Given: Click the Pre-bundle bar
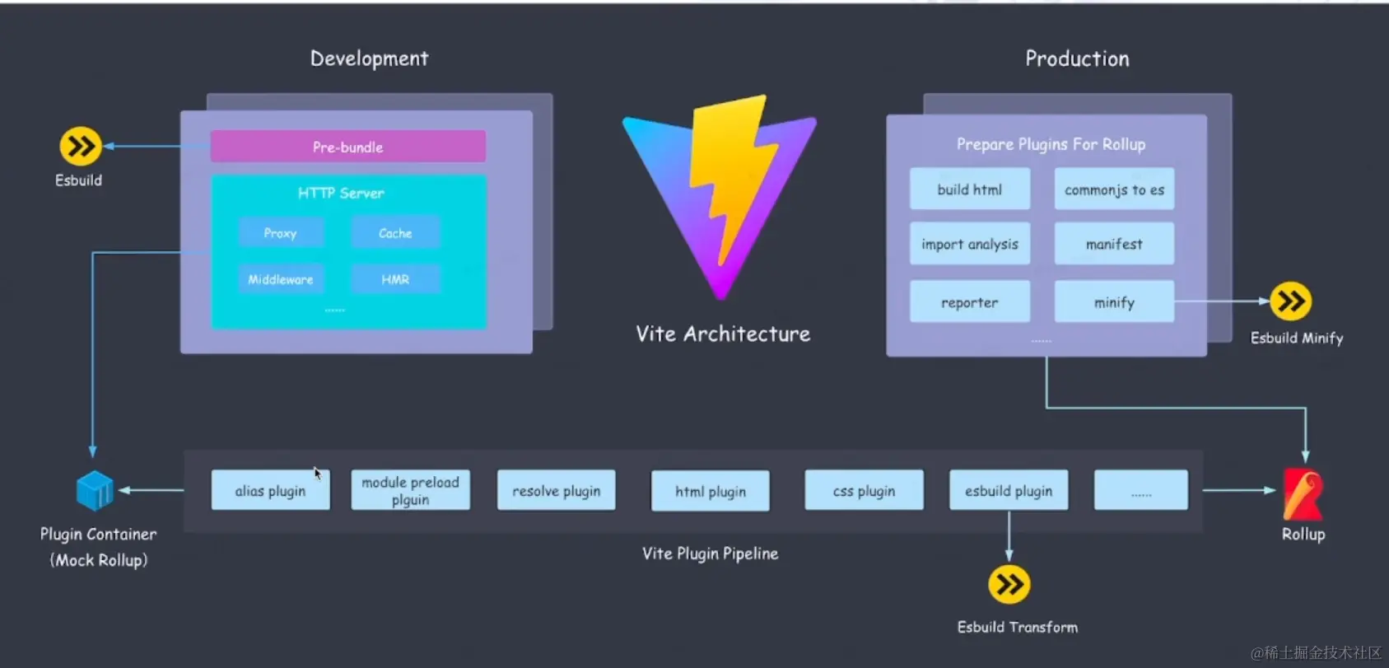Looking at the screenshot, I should (347, 147).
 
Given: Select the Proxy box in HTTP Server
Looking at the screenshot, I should (281, 233).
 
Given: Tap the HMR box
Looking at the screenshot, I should (395, 279).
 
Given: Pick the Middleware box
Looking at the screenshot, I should (281, 279).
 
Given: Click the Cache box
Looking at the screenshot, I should (395, 233).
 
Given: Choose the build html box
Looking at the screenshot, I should (969, 189).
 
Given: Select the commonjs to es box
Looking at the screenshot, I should (1114, 189).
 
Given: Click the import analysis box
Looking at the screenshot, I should (969, 244).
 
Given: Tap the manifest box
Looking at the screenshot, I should (1114, 244).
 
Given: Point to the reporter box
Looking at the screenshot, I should (969, 302).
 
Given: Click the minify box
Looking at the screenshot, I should (1114, 302).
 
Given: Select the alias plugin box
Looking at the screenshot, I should (270, 491).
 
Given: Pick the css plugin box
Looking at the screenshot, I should (864, 491).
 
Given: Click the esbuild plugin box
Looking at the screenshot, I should (1009, 491).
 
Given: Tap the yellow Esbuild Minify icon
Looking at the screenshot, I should (1290, 301).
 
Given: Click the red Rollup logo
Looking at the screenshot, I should (1303, 494).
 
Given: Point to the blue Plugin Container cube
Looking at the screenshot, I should (95, 491).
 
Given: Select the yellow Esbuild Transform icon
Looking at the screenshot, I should (1009, 585).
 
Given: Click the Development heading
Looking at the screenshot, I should (369, 58).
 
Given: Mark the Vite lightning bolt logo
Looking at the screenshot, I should (720, 194).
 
